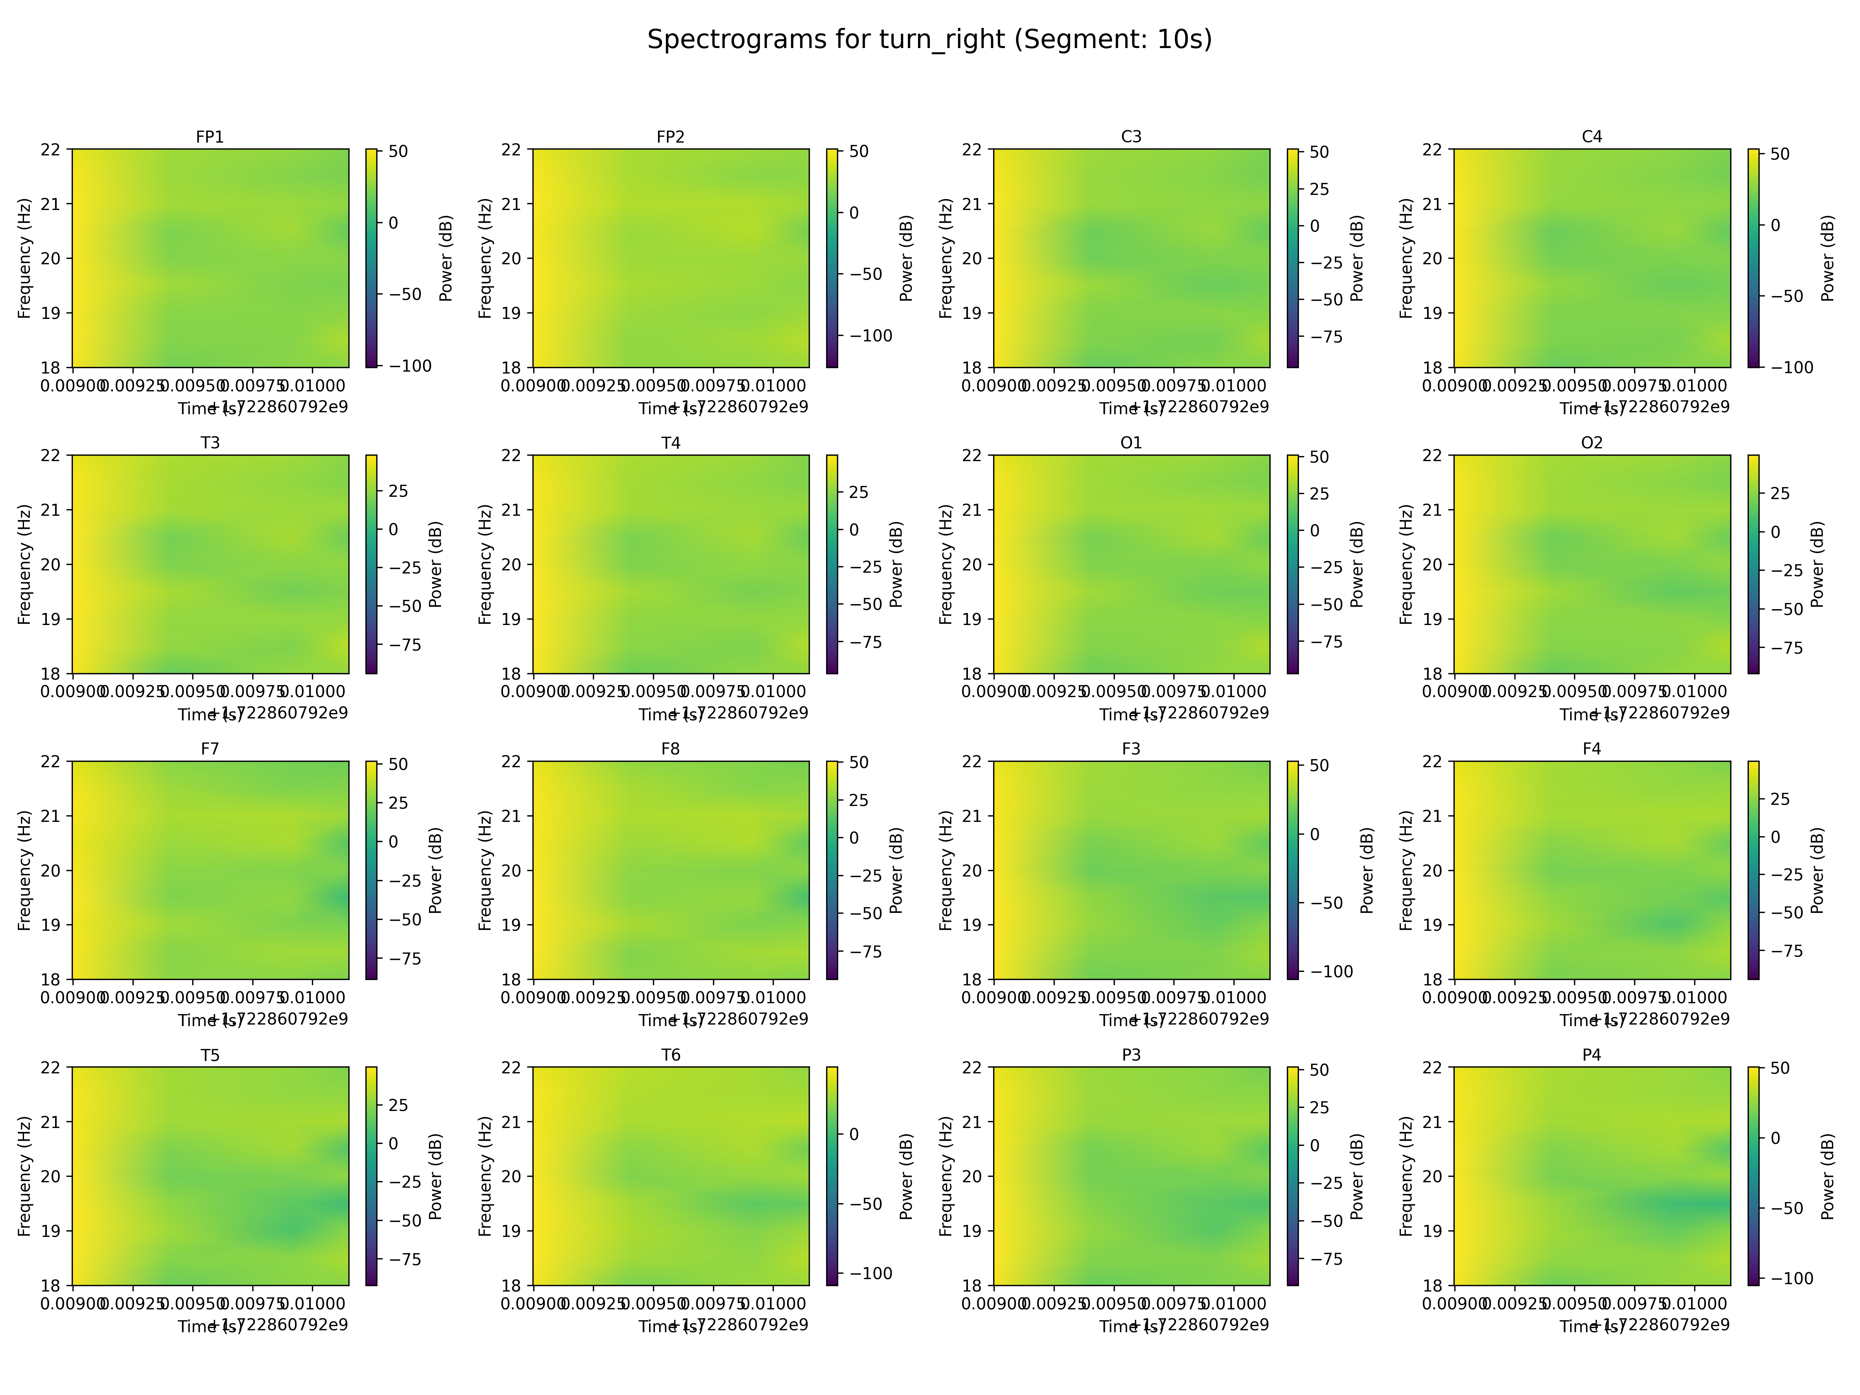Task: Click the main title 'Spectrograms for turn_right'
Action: [929, 40]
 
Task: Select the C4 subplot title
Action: [1592, 137]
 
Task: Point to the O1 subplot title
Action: [1131, 443]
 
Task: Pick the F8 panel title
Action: [670, 749]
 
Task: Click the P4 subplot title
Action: [1592, 1055]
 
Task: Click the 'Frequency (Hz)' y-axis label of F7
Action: [24, 870]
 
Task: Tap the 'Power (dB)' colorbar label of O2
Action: [1817, 564]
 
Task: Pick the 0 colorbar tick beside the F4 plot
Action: [1775, 837]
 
